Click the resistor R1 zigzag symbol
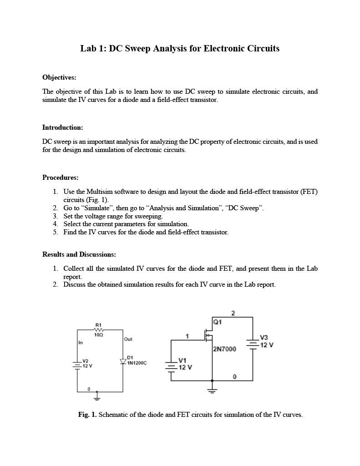pos(99,329)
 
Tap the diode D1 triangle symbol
pos(122,361)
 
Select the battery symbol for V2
pos(77,363)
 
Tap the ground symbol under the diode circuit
pos(96,398)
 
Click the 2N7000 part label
pos(224,349)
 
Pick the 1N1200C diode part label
pos(137,363)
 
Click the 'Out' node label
pos(128,339)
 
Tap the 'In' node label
pos(81,343)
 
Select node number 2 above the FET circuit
pos(233,313)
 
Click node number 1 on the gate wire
pos(187,336)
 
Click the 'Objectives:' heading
pos(59,77)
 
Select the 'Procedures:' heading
pos(61,177)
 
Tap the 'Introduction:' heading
pos(62,127)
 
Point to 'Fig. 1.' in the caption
pos(87,415)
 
